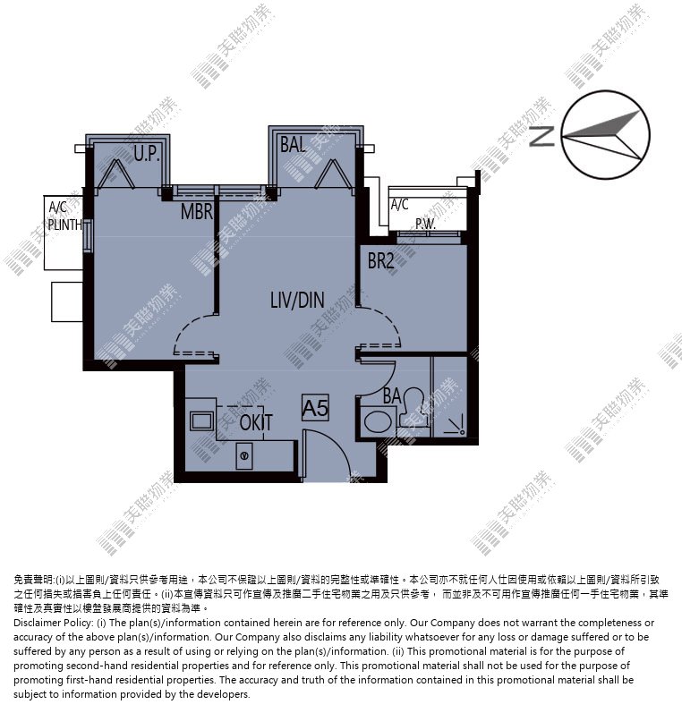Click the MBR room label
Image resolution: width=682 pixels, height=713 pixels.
click(197, 211)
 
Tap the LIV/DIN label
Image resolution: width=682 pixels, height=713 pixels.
click(297, 300)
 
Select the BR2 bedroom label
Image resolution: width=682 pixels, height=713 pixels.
click(380, 261)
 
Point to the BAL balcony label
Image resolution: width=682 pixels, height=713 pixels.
click(293, 145)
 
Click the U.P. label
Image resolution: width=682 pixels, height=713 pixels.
click(147, 154)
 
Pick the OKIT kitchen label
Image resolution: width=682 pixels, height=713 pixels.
click(256, 423)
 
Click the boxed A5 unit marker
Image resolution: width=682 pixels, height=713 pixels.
click(315, 408)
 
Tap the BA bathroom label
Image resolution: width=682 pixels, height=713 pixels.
click(392, 396)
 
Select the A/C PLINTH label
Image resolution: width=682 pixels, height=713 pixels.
click(64, 216)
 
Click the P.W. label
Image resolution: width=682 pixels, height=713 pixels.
click(425, 224)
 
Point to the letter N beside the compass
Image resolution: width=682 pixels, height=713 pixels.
click(541, 136)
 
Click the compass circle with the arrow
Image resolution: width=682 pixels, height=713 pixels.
click(606, 134)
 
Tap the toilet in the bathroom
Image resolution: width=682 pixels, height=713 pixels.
click(413, 406)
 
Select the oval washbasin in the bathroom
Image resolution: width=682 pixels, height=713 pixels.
click(379, 422)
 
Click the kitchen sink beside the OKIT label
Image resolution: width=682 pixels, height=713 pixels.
click(201, 421)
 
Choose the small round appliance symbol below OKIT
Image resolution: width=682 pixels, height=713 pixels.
click(244, 455)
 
